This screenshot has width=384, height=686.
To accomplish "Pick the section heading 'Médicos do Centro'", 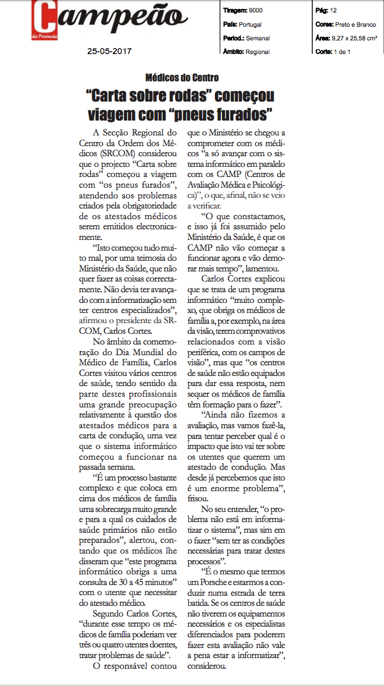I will pyautogui.click(x=182, y=78).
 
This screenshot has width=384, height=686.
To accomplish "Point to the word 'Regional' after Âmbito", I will pyautogui.click(x=258, y=52).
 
